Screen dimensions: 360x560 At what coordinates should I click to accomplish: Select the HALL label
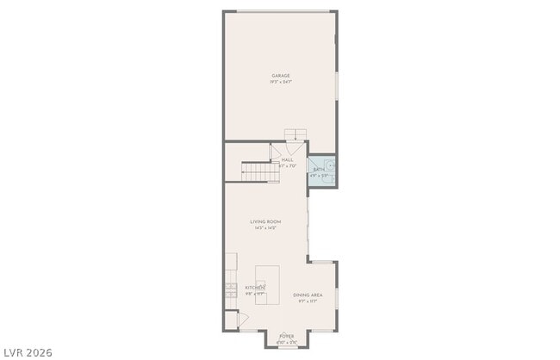click(288, 159)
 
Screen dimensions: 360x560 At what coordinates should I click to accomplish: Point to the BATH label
click(318, 171)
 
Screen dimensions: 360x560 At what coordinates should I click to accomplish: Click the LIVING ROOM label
click(265, 221)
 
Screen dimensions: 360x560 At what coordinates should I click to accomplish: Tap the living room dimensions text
click(265, 227)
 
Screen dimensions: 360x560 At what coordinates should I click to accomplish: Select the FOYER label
click(286, 336)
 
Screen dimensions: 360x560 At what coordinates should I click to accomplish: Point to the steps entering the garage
click(296, 134)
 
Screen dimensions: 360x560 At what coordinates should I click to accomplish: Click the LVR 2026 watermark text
click(28, 351)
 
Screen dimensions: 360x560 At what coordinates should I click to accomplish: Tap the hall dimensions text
click(288, 165)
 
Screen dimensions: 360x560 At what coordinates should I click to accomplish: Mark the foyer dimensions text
click(286, 342)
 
